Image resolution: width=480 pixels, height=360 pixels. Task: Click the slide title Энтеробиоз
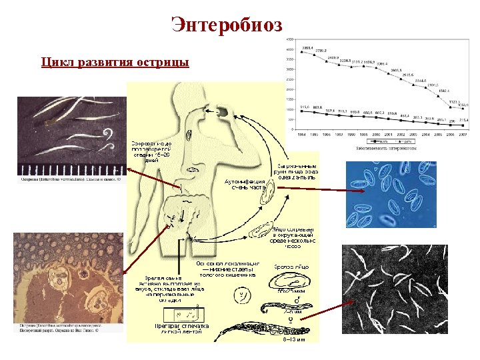[227, 25]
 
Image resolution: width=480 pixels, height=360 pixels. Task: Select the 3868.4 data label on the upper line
[307, 47]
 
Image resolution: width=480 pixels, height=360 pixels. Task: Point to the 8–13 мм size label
[291, 339]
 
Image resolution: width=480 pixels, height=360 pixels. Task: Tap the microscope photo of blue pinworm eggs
[381, 195]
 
